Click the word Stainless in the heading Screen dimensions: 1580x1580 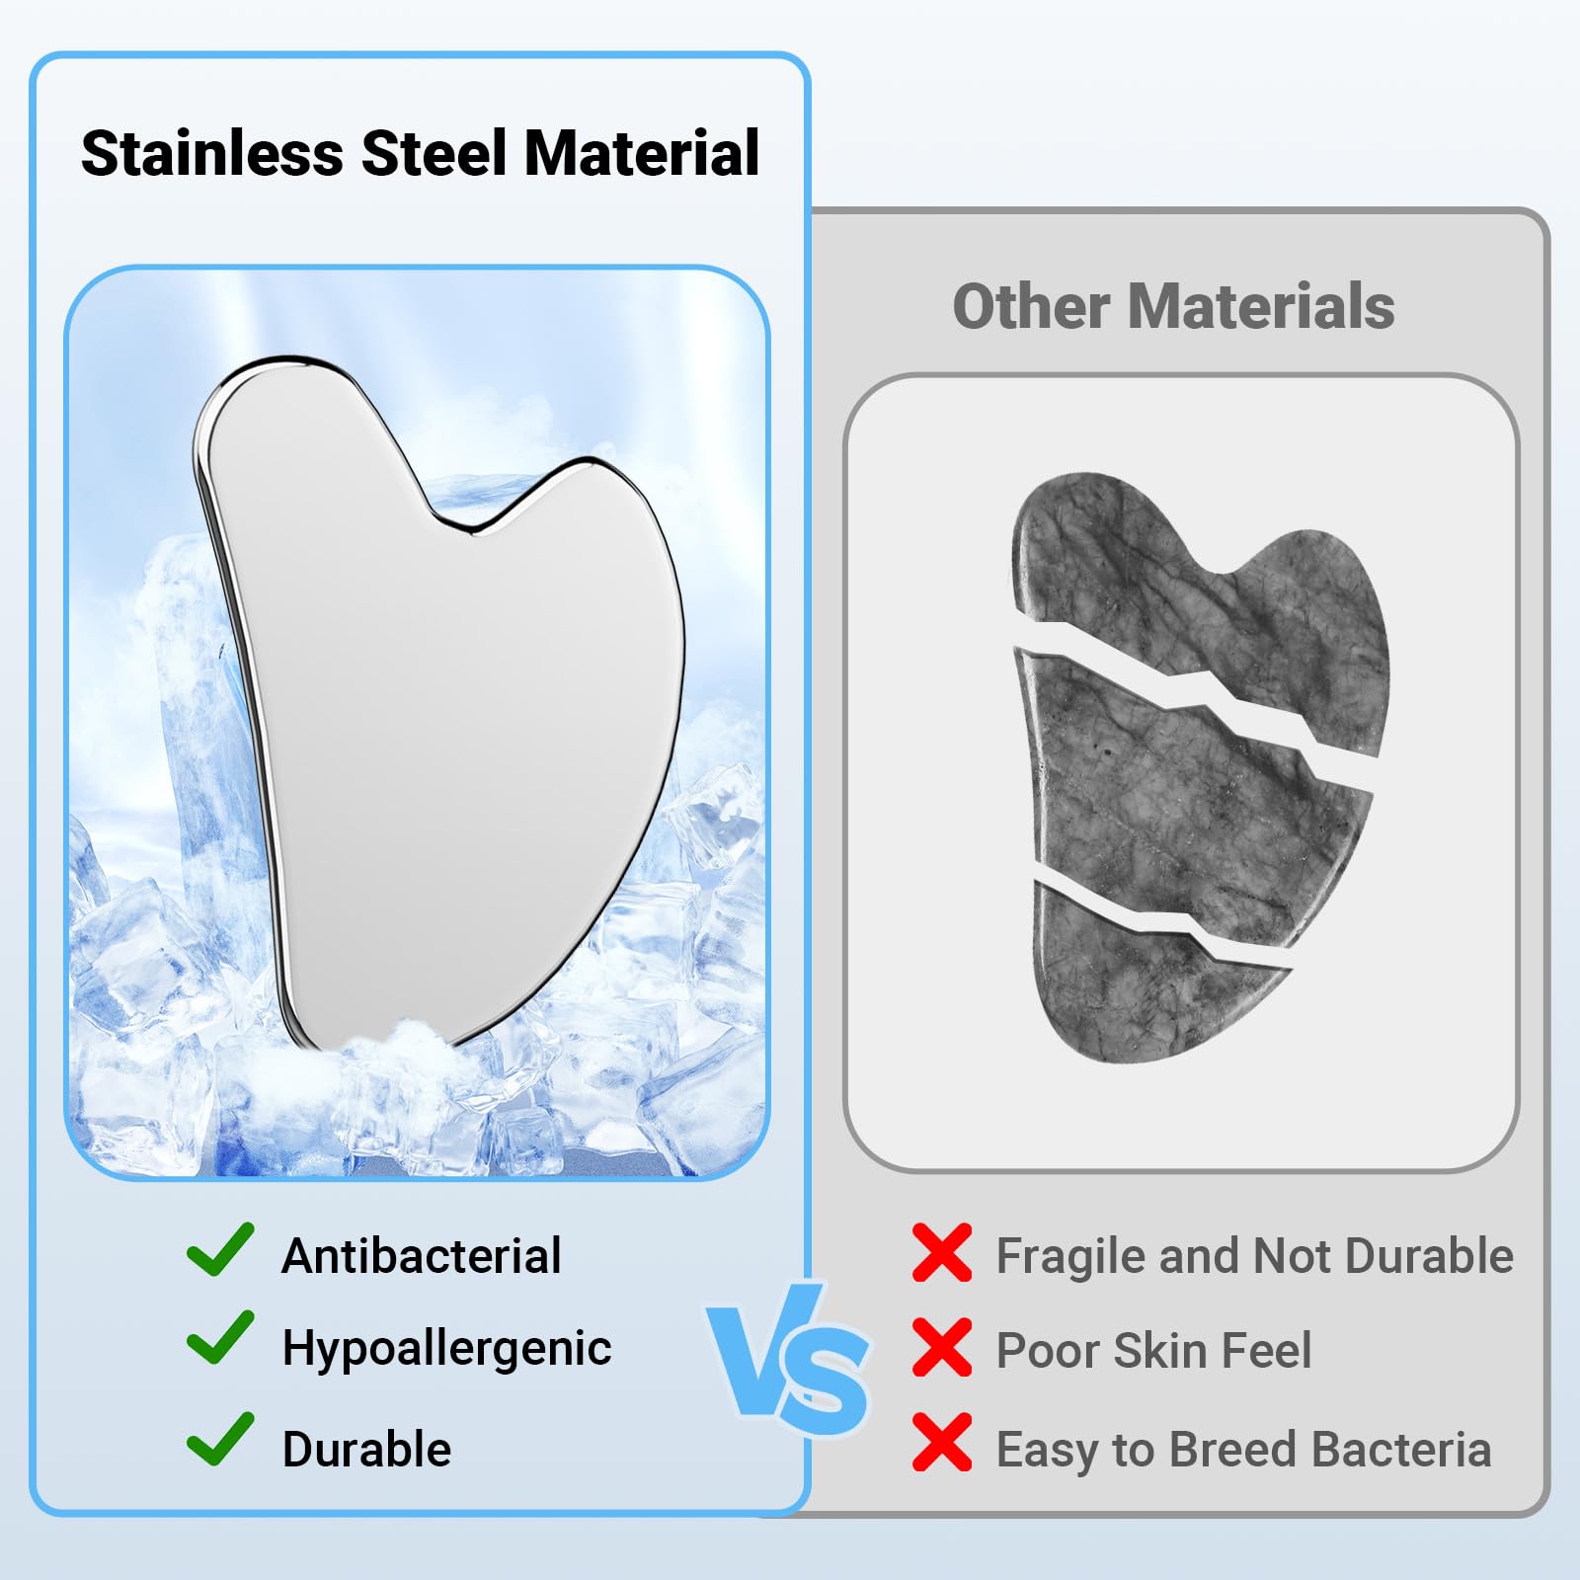212,154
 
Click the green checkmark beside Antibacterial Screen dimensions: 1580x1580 220,1249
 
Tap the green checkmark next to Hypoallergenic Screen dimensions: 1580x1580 220,1338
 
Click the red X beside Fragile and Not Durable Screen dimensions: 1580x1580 942,1253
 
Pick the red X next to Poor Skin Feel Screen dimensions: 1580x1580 942,1348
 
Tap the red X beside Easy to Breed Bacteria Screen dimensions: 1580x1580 942,1443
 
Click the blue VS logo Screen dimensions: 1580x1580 788,1360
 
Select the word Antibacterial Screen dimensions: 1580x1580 422,1256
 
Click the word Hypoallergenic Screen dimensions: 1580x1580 447,1349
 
